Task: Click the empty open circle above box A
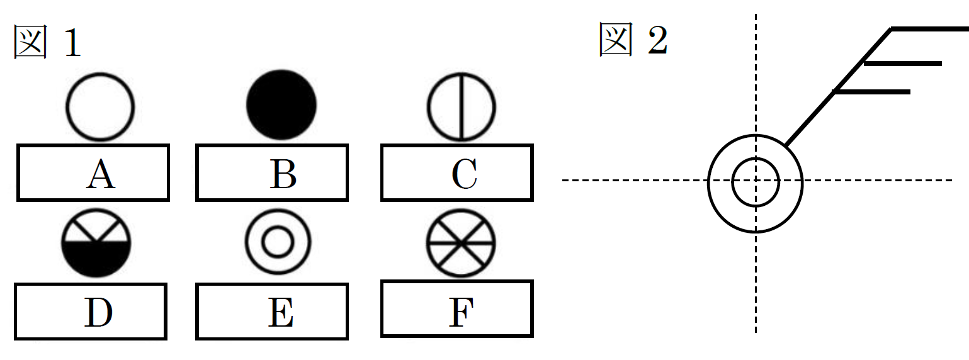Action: pos(101,106)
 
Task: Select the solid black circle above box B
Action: pos(281,104)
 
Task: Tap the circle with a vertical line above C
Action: pos(462,106)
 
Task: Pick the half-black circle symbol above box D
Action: pos(96,243)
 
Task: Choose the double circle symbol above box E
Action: pos(278,242)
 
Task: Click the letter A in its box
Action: pos(101,174)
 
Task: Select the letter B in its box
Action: pos(283,174)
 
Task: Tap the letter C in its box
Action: pos(464,174)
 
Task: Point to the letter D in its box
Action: pos(99,313)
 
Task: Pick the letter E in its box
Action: pos(280,313)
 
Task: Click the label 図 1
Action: pos(48,43)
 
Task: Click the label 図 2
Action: pos(633,42)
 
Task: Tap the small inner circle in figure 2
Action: pos(756,181)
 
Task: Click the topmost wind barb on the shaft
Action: pos(929,29)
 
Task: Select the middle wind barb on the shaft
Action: pos(903,63)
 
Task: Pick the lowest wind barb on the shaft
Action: pos(871,92)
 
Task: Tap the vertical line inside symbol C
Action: pos(462,106)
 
